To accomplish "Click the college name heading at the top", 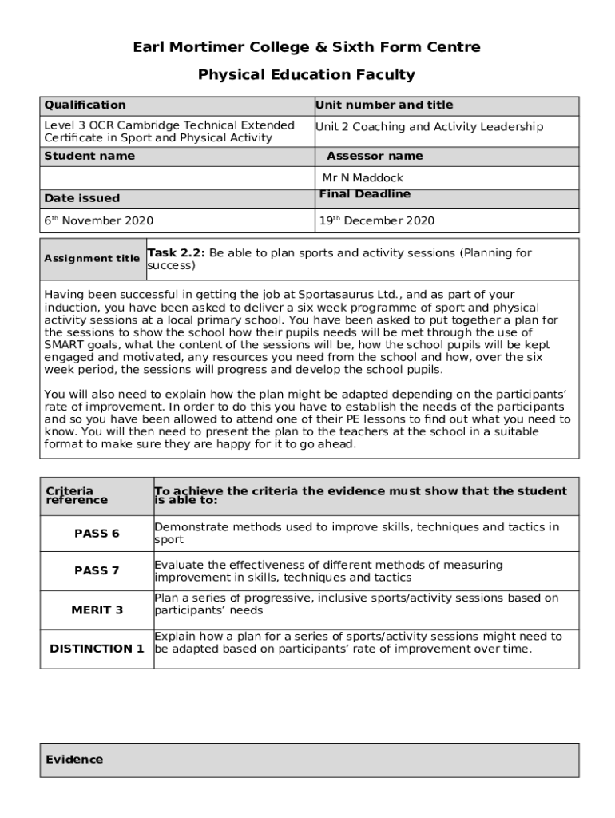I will click(x=307, y=47).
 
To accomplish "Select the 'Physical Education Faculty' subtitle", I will click(x=307, y=75).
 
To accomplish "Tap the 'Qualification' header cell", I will click(x=85, y=105).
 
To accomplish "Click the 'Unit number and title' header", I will click(x=384, y=105).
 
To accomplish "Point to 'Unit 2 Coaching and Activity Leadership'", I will click(x=429, y=127).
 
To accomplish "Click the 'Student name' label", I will click(x=89, y=156).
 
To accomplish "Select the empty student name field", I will click(x=177, y=177).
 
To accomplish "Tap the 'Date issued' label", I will click(x=81, y=198).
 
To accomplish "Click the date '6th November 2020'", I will click(x=99, y=221).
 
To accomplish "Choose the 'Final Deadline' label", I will click(x=365, y=194).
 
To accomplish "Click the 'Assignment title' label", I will click(x=92, y=259).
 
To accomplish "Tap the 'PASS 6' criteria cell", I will click(x=97, y=534).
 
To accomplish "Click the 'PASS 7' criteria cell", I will click(x=97, y=570).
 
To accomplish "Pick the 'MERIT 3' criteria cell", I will click(x=97, y=610).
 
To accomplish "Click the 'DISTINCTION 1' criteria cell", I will click(x=97, y=649).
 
